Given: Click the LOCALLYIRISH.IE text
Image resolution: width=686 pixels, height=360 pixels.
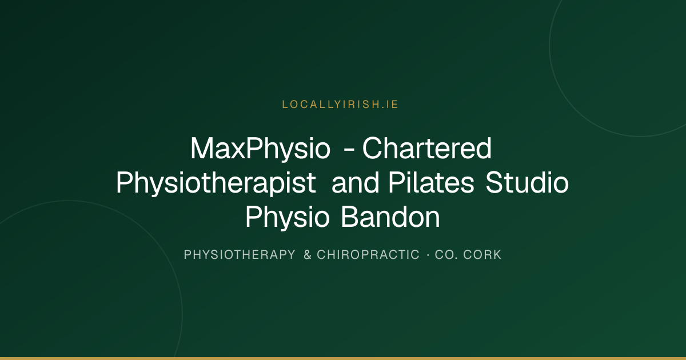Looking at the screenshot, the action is [x=340, y=105].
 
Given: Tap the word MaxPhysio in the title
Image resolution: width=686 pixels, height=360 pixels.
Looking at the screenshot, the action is [x=260, y=149].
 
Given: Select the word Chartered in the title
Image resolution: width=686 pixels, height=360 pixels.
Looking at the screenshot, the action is [x=427, y=148].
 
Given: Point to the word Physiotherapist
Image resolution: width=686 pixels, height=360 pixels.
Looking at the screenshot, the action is [x=216, y=183].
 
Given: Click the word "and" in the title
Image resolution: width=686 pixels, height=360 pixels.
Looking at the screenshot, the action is [x=356, y=182].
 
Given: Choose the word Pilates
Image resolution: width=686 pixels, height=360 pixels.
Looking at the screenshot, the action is [x=432, y=182].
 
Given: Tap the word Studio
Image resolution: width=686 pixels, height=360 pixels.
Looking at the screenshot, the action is [x=527, y=182].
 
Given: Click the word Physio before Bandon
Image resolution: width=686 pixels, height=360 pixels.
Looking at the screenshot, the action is [x=287, y=217].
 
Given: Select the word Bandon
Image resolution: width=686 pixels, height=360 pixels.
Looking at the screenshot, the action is [x=390, y=217].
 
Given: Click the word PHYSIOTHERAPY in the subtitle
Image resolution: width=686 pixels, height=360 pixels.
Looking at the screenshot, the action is [x=240, y=255].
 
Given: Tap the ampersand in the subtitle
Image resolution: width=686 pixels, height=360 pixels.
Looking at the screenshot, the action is [x=308, y=255].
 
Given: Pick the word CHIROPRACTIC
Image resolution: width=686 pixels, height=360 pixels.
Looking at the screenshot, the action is [x=368, y=255].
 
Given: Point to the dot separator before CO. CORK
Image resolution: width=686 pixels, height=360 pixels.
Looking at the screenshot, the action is [x=428, y=255].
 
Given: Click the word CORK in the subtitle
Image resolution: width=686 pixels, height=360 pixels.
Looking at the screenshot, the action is [x=482, y=255].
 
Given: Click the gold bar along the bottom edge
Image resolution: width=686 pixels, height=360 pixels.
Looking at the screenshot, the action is [x=343, y=358].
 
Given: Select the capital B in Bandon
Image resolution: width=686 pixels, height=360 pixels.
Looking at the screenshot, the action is [x=349, y=217].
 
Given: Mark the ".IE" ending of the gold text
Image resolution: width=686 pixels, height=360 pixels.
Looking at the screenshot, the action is [x=389, y=105].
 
